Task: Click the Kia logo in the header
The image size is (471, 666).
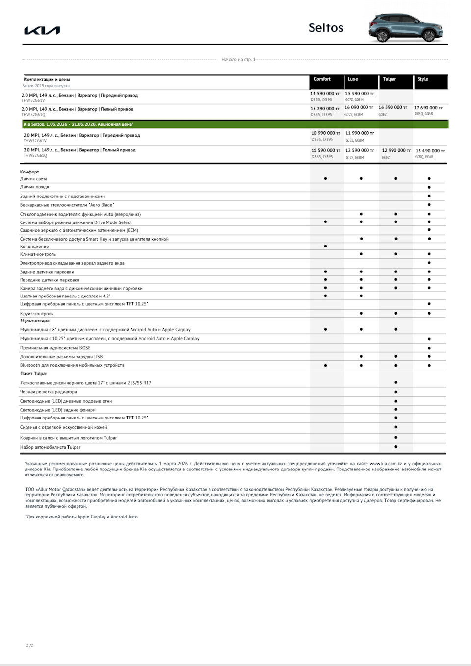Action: [x=42, y=31]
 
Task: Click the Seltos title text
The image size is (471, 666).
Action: [x=326, y=28]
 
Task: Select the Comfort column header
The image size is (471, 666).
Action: [x=322, y=79]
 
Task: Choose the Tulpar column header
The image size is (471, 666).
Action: [x=390, y=79]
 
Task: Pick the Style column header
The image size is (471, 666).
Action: [x=423, y=79]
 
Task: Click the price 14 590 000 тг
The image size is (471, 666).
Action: [x=324, y=94]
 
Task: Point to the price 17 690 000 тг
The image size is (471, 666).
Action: [x=428, y=108]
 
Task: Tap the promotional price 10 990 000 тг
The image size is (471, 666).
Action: [x=325, y=133]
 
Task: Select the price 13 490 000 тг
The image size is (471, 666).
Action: [x=430, y=151]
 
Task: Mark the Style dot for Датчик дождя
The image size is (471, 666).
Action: [x=429, y=187]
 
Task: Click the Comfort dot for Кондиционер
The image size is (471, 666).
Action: [x=325, y=246]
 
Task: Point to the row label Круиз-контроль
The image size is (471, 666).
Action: [x=37, y=314]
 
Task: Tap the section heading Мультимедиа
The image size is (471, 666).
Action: [x=35, y=321]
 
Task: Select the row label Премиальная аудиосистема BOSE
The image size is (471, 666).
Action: [x=55, y=348]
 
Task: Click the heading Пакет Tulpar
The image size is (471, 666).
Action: [x=34, y=374]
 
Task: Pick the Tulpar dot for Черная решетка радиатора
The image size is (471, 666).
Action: [x=396, y=392]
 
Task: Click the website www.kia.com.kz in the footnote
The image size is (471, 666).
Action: [x=386, y=464]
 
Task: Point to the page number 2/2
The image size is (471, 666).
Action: [x=30, y=645]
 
